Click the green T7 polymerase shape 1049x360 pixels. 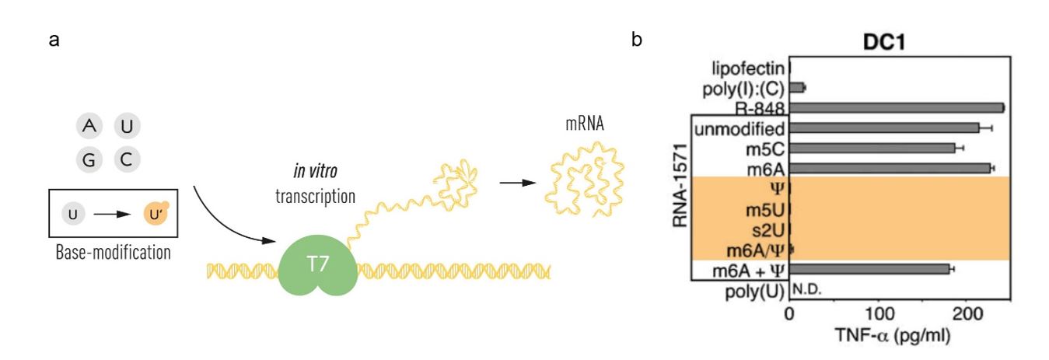tap(317, 269)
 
